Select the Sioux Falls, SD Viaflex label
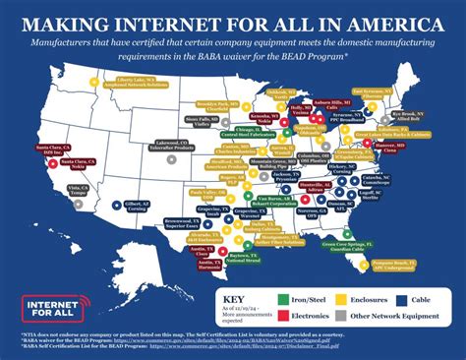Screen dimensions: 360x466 198,124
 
